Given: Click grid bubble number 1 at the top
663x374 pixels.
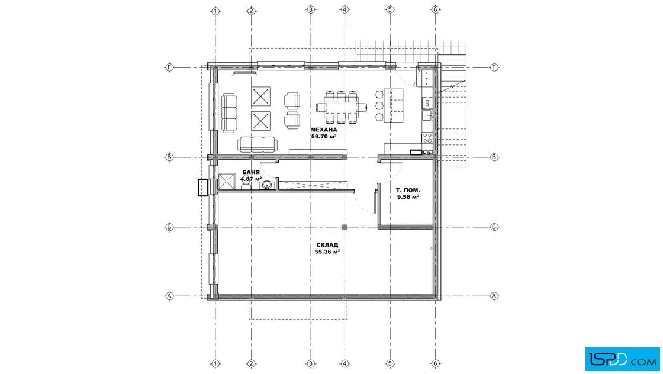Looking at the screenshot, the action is pos(215,11).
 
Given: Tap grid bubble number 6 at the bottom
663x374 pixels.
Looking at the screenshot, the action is pos(436,363).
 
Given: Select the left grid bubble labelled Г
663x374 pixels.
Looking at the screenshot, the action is pos(169,67).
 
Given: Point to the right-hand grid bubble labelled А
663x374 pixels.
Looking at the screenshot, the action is pos(494,296).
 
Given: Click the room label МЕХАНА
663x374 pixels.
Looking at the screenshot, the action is pos(324,130).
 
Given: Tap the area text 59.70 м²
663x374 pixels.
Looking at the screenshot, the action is pos(324,137).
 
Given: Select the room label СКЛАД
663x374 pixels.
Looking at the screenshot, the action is pos(327,244).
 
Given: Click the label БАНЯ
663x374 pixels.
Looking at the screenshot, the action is pos(251,172).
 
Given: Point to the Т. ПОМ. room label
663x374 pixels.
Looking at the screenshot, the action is pos(408,190).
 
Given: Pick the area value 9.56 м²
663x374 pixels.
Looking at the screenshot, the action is pos(408,197).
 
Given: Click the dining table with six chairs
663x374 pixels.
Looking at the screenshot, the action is pos(341,107).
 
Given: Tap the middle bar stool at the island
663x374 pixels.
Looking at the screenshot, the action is pos(379,106).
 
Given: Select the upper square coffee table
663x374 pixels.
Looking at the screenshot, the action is pos(260,96).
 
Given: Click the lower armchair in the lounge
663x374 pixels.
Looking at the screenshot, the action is pos(292,121).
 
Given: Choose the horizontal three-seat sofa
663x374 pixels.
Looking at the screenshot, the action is pos(258,144).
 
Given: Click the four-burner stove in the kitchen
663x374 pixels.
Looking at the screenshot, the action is pos(427,138).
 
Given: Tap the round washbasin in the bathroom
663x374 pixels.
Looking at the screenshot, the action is pos(266,185).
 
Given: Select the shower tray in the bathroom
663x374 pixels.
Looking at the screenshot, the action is pos(226,181).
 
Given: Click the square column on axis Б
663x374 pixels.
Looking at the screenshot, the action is pos(345,227).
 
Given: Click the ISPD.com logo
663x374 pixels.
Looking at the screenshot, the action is pos(622,359).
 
